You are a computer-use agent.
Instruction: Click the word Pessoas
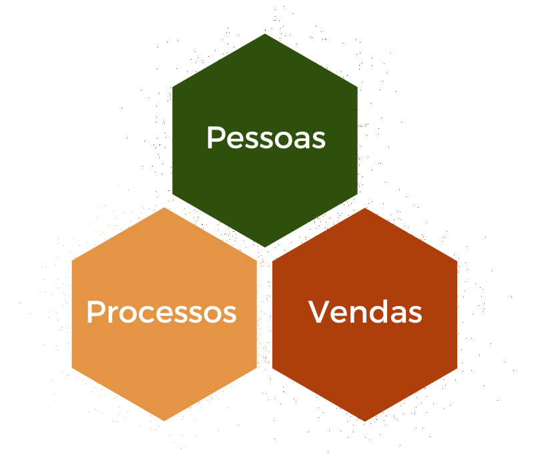tap(266, 138)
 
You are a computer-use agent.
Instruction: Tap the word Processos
tap(162, 312)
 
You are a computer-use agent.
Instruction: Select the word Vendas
tap(365, 312)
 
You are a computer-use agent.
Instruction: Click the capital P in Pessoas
tap(214, 138)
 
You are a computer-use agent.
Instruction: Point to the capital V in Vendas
tap(318, 312)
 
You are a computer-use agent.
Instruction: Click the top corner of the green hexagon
tap(265, 34)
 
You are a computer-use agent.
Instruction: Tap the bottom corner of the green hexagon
tap(265, 247)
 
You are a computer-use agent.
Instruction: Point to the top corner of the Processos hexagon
tap(164, 208)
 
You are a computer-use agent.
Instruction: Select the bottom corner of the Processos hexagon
tap(164, 421)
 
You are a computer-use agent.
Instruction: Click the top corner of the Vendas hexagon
tap(365, 208)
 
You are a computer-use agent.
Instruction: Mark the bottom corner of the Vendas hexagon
tap(365, 421)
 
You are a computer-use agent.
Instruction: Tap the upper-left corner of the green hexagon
tap(173, 87)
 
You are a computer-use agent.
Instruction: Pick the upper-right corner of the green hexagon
tap(357, 87)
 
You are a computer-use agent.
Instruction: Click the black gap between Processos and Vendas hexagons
tap(264, 314)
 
